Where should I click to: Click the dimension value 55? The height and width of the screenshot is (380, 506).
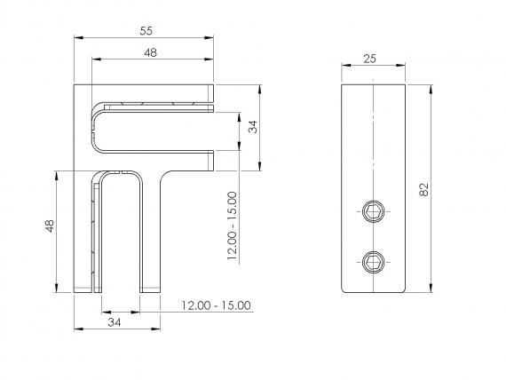(146, 30)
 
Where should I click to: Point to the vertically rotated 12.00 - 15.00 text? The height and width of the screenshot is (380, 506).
(232, 228)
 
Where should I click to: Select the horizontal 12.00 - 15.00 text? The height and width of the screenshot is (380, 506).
(216, 305)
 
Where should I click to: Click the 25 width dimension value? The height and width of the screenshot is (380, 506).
(373, 59)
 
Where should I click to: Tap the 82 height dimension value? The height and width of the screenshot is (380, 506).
(423, 189)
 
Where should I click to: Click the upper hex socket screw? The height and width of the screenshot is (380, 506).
(373, 210)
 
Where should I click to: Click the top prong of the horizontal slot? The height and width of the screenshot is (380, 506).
(160, 91)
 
